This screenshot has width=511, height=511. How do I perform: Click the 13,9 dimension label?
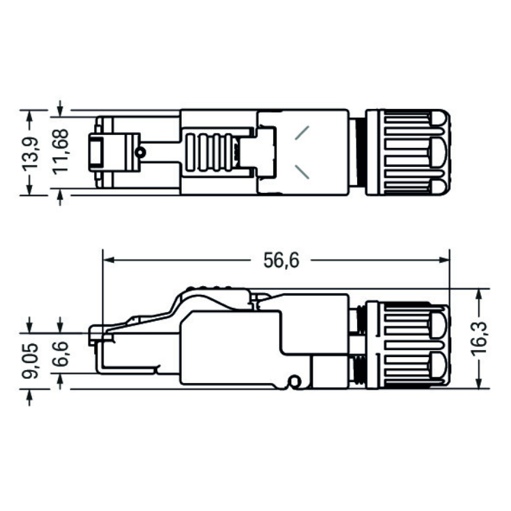30,153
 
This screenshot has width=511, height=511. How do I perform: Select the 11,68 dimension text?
61,152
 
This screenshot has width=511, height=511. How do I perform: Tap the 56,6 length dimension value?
281,260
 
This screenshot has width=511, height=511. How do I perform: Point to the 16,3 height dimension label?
479,337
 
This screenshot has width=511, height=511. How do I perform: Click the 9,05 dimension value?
30,360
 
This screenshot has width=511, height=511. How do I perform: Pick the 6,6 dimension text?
61,354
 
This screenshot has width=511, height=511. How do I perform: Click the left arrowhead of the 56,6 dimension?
108,260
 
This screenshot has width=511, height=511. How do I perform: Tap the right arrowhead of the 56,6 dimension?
444,260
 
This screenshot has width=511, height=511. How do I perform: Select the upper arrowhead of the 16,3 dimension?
479,295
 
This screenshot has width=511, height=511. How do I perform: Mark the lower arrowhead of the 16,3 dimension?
479,383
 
